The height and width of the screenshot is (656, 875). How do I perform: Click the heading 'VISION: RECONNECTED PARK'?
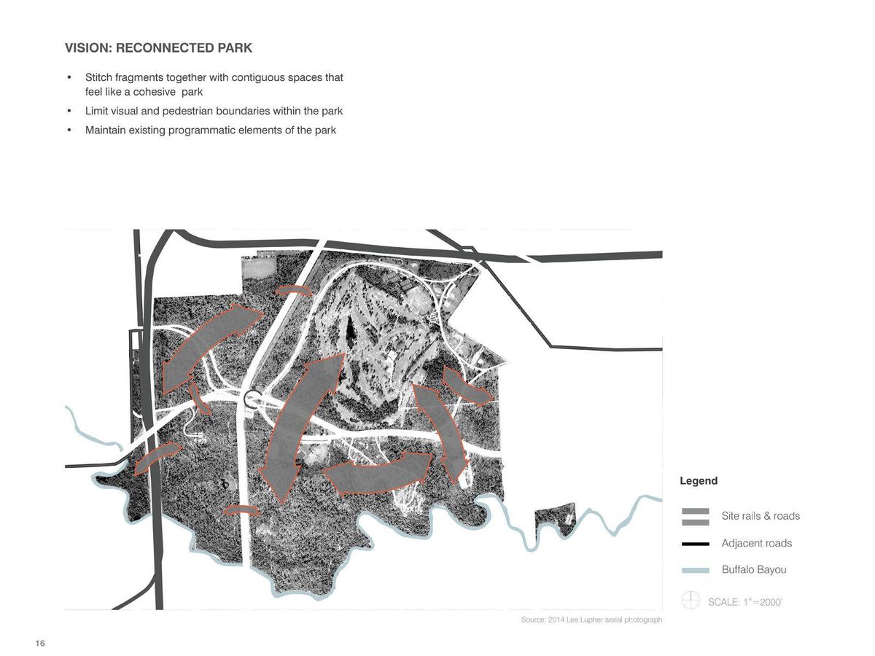pyautogui.click(x=158, y=49)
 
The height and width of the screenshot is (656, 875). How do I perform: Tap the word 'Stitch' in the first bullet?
pyautogui.click(x=99, y=77)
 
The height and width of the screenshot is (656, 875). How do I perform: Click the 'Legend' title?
pyautogui.click(x=699, y=481)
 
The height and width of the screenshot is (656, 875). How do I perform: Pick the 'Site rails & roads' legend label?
pyautogui.click(x=761, y=516)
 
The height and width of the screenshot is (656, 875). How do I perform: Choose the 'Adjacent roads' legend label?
pyautogui.click(x=756, y=544)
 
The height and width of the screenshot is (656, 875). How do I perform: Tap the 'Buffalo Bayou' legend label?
pyautogui.click(x=754, y=570)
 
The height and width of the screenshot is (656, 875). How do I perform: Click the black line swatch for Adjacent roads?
pyautogui.click(x=696, y=544)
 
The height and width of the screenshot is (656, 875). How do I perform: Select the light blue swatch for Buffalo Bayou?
pyautogui.click(x=696, y=571)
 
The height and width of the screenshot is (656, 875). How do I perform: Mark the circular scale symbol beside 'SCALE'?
pyautogui.click(x=691, y=601)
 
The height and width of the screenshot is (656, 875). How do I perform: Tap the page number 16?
pyautogui.click(x=40, y=643)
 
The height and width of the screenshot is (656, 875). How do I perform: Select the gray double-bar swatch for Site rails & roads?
pyautogui.click(x=696, y=516)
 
